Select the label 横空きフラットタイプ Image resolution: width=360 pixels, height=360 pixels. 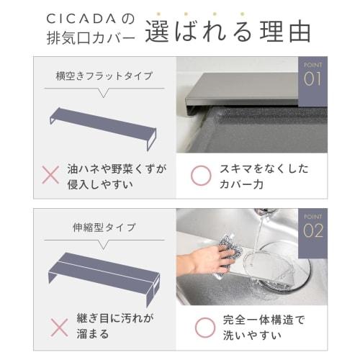[99, 75]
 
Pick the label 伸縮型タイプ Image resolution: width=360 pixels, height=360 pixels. [99, 228]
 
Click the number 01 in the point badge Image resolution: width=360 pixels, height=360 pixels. [312, 78]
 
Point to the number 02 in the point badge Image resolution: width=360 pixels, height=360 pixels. [312, 230]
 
